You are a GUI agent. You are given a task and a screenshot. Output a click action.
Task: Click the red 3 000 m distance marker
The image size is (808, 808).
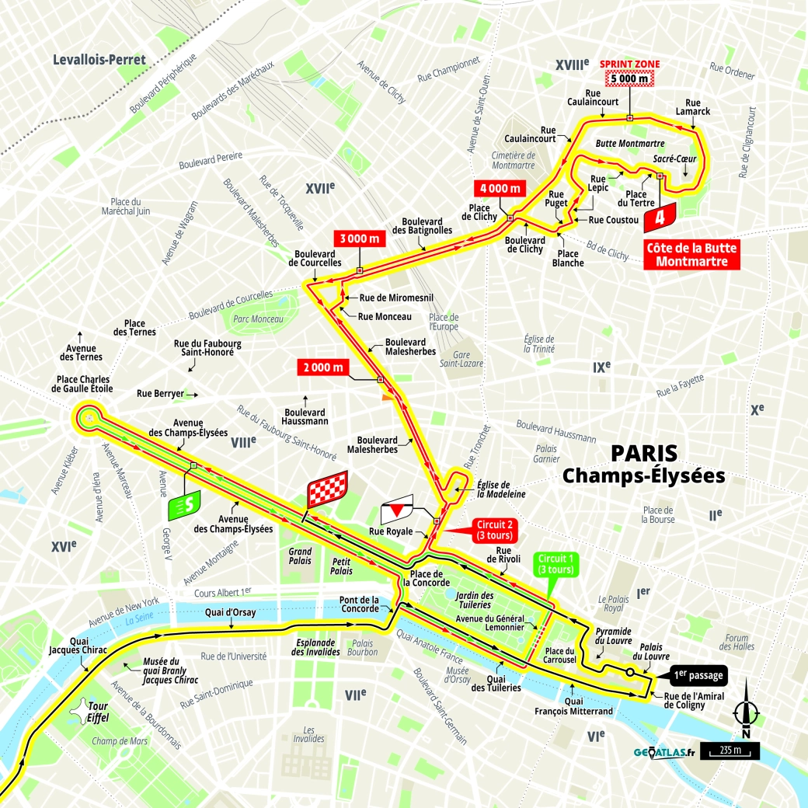tap(360, 239)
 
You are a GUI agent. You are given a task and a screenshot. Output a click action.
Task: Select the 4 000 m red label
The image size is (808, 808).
tap(500, 189)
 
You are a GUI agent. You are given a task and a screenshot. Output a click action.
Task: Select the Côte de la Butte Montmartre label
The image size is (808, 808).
tap(691, 255)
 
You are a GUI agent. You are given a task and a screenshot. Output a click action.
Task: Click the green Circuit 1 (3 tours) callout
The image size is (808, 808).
tap(555, 564)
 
